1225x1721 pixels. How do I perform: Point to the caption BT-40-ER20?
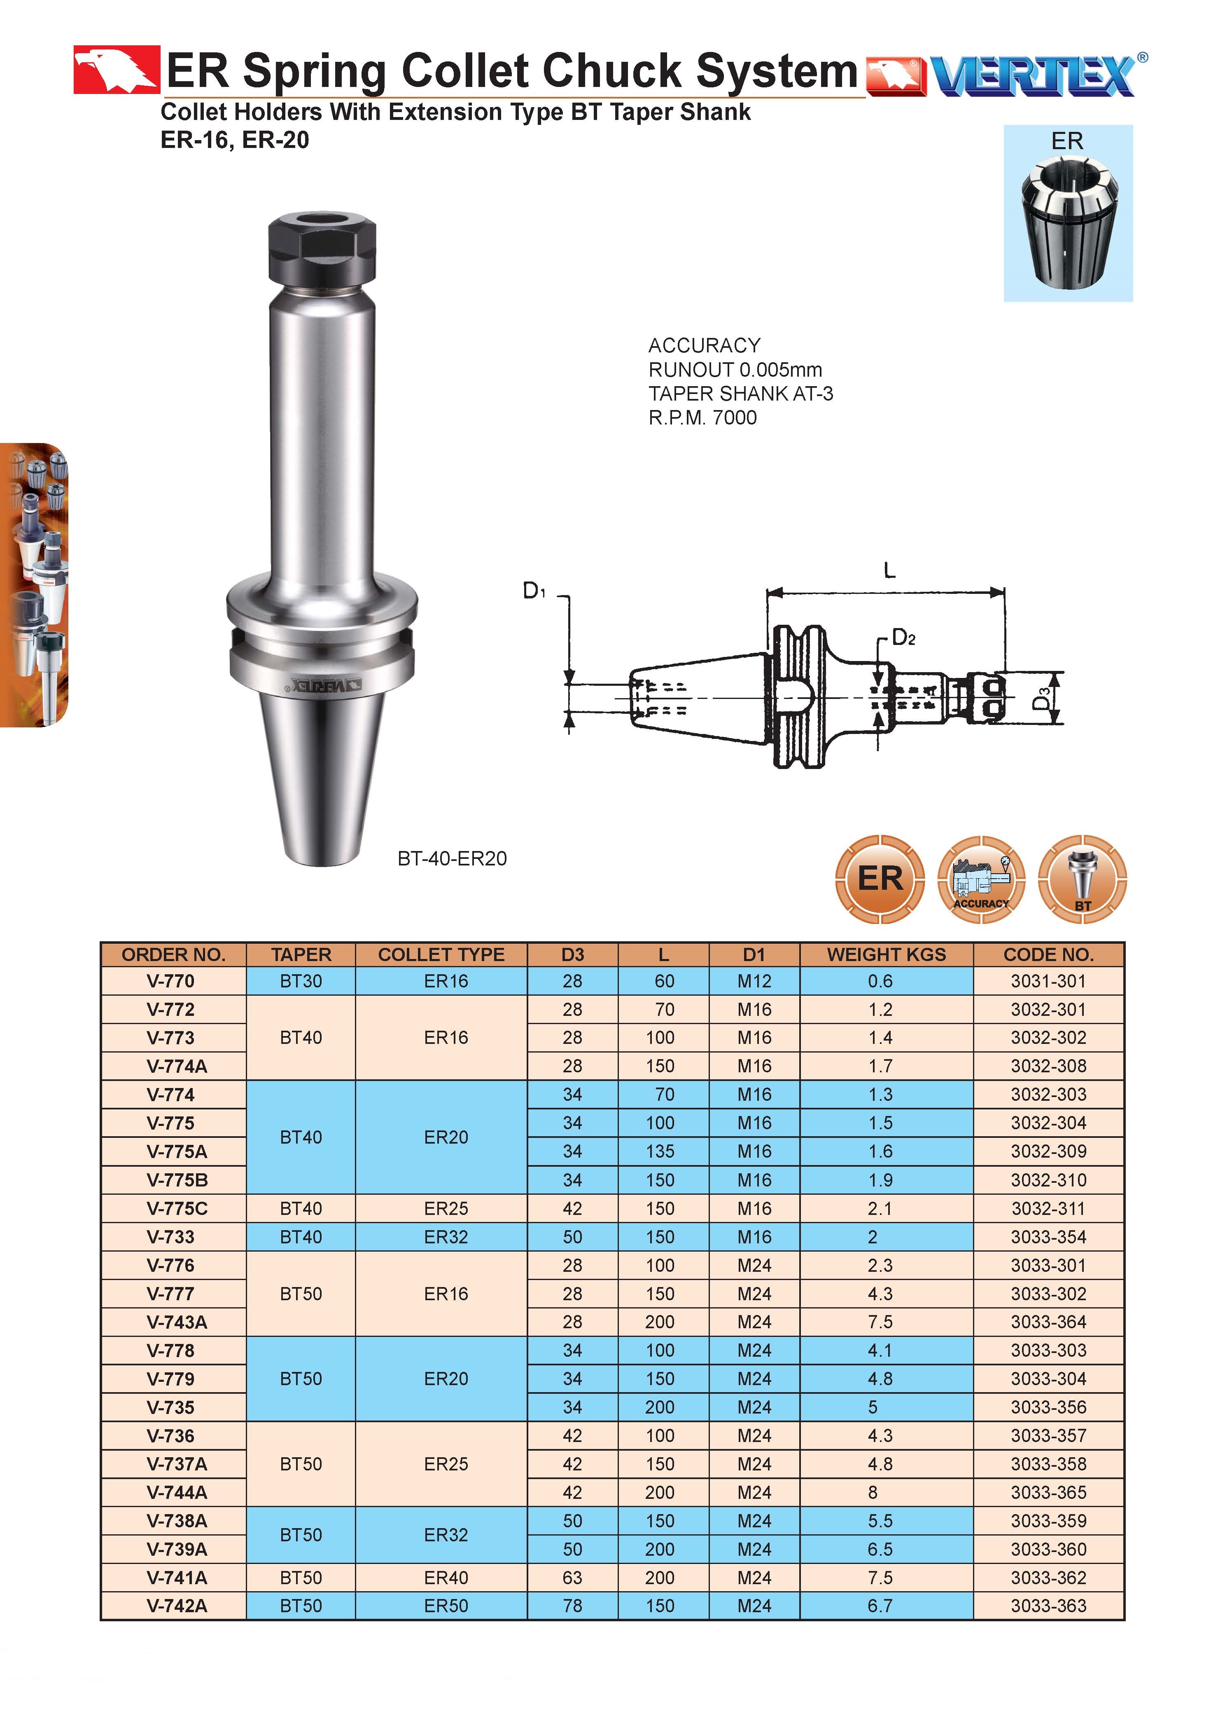point(452,858)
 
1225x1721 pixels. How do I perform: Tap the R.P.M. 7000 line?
point(702,417)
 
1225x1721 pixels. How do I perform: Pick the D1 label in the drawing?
point(534,591)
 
